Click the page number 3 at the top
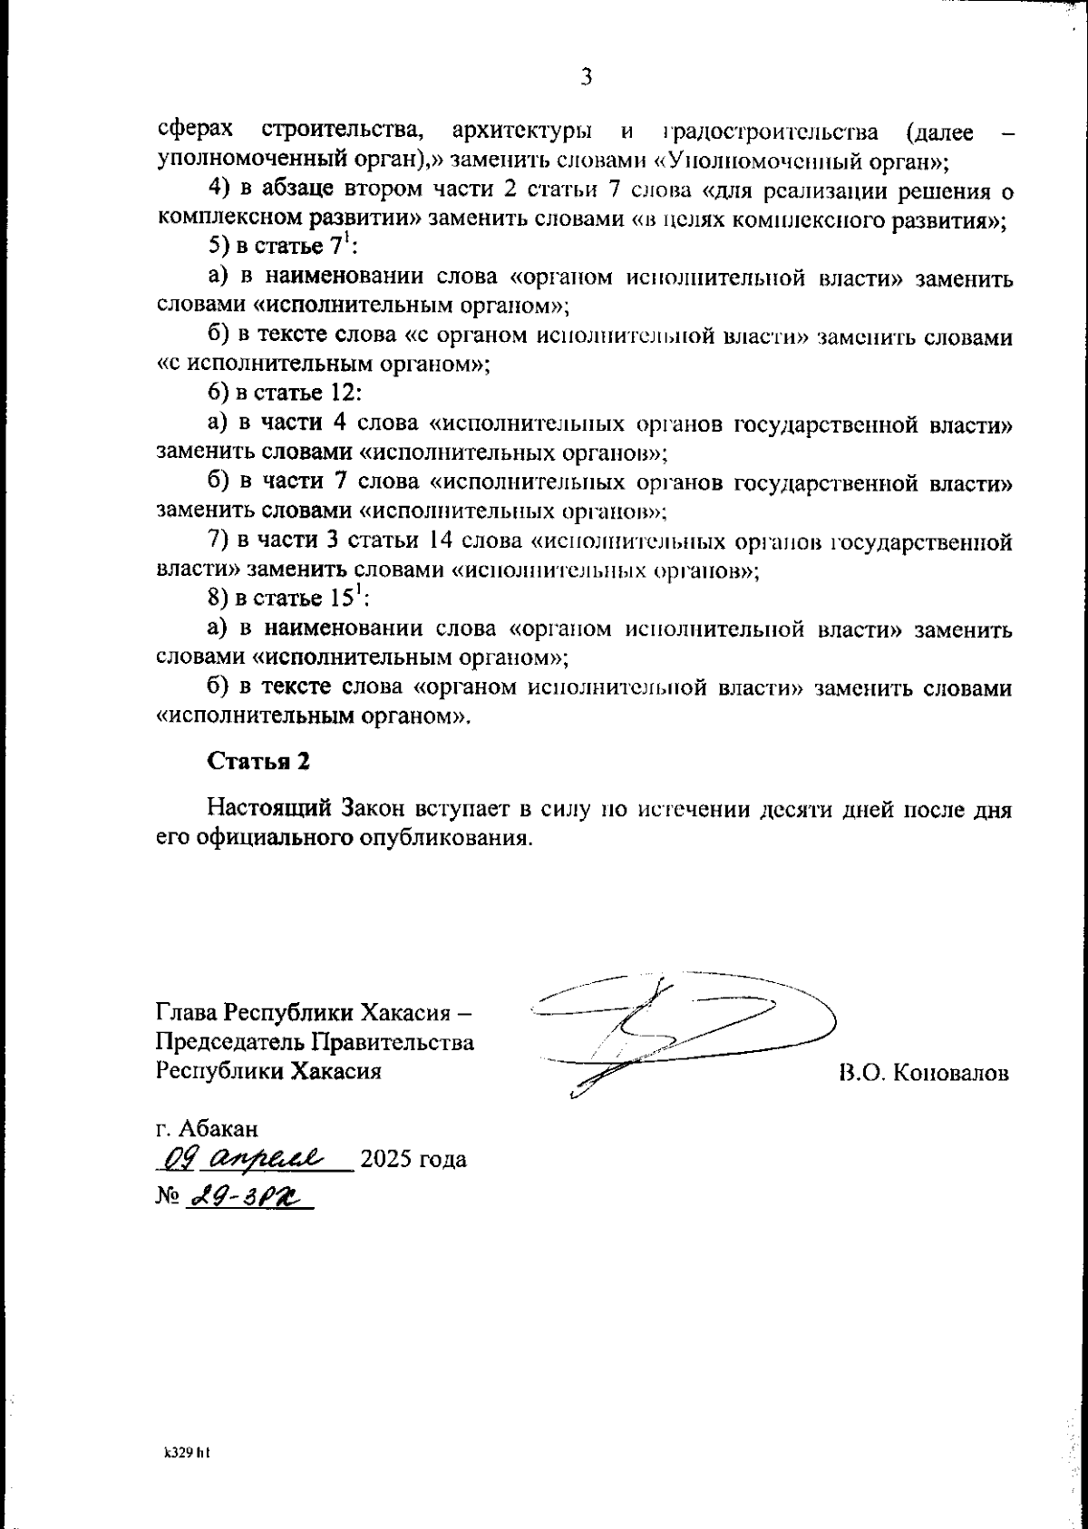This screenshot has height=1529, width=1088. click(586, 77)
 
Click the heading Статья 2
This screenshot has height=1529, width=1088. click(259, 761)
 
